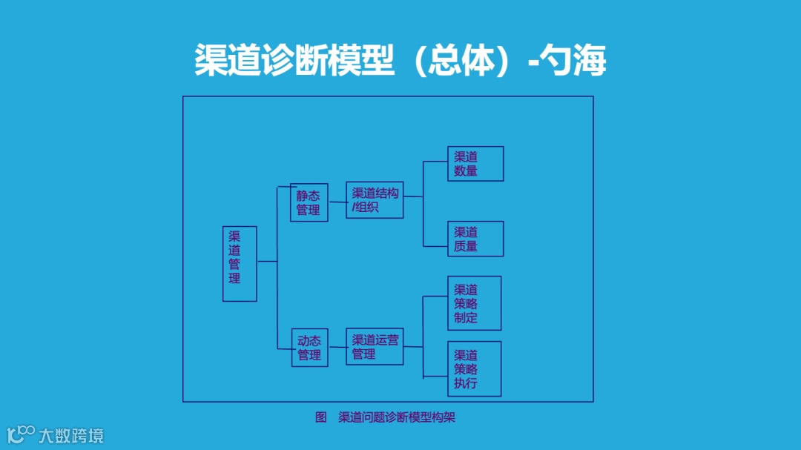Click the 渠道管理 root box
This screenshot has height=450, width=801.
pyautogui.click(x=240, y=263)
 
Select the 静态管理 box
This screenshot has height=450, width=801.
pyautogui.click(x=309, y=202)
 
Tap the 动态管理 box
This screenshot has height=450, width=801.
pyautogui.click(x=309, y=348)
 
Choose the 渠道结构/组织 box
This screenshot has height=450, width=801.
pyautogui.click(x=375, y=199)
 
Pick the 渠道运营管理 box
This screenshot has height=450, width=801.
pyautogui.click(x=375, y=346)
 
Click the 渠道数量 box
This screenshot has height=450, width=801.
pyautogui.click(x=475, y=164)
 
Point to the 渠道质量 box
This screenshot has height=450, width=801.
pyautogui.click(x=475, y=239)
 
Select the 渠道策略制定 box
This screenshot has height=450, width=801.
pyautogui.click(x=475, y=303)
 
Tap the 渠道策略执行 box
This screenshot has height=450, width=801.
pyautogui.click(x=475, y=368)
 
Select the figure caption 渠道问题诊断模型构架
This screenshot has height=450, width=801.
pyautogui.click(x=397, y=417)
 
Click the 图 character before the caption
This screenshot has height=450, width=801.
pyautogui.click(x=321, y=417)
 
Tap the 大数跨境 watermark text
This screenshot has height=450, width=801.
pyautogui.click(x=72, y=435)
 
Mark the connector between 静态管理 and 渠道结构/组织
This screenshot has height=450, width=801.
pyautogui.click(x=337, y=202)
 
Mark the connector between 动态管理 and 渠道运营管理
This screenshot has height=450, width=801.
pyautogui.click(x=337, y=347)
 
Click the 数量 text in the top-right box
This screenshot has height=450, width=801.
pyautogui.click(x=466, y=171)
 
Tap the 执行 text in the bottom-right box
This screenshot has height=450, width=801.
pyautogui.click(x=466, y=383)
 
